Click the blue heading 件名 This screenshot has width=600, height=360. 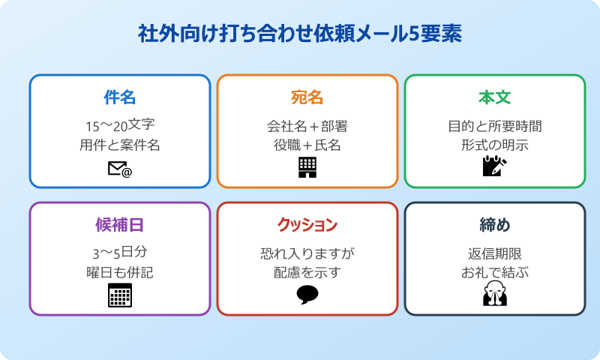coord(119,97)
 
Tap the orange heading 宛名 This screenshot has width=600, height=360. coord(307,97)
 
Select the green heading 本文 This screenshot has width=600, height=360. coord(494,97)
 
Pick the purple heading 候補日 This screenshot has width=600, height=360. coord(119,225)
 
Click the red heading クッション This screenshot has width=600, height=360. coord(307,225)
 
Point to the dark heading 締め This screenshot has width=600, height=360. coord(494,225)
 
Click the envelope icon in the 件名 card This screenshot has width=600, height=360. coord(119,169)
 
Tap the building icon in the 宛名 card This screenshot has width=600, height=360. coord(307,167)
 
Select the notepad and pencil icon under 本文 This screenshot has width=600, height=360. coord(494,166)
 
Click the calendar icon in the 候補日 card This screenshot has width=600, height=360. coord(119,295)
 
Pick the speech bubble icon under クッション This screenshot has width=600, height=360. coord(307,295)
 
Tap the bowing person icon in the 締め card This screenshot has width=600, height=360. coord(494,295)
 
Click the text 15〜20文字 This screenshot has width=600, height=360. coord(119,125)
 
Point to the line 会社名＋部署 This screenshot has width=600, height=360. coord(307,125)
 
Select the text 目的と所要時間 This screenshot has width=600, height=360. coord(494,125)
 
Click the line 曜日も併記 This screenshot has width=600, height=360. coord(119,272)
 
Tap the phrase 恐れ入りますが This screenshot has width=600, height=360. coord(307,253)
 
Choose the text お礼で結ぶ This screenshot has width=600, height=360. coord(494,272)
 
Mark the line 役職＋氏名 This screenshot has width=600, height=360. coord(307,145)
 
